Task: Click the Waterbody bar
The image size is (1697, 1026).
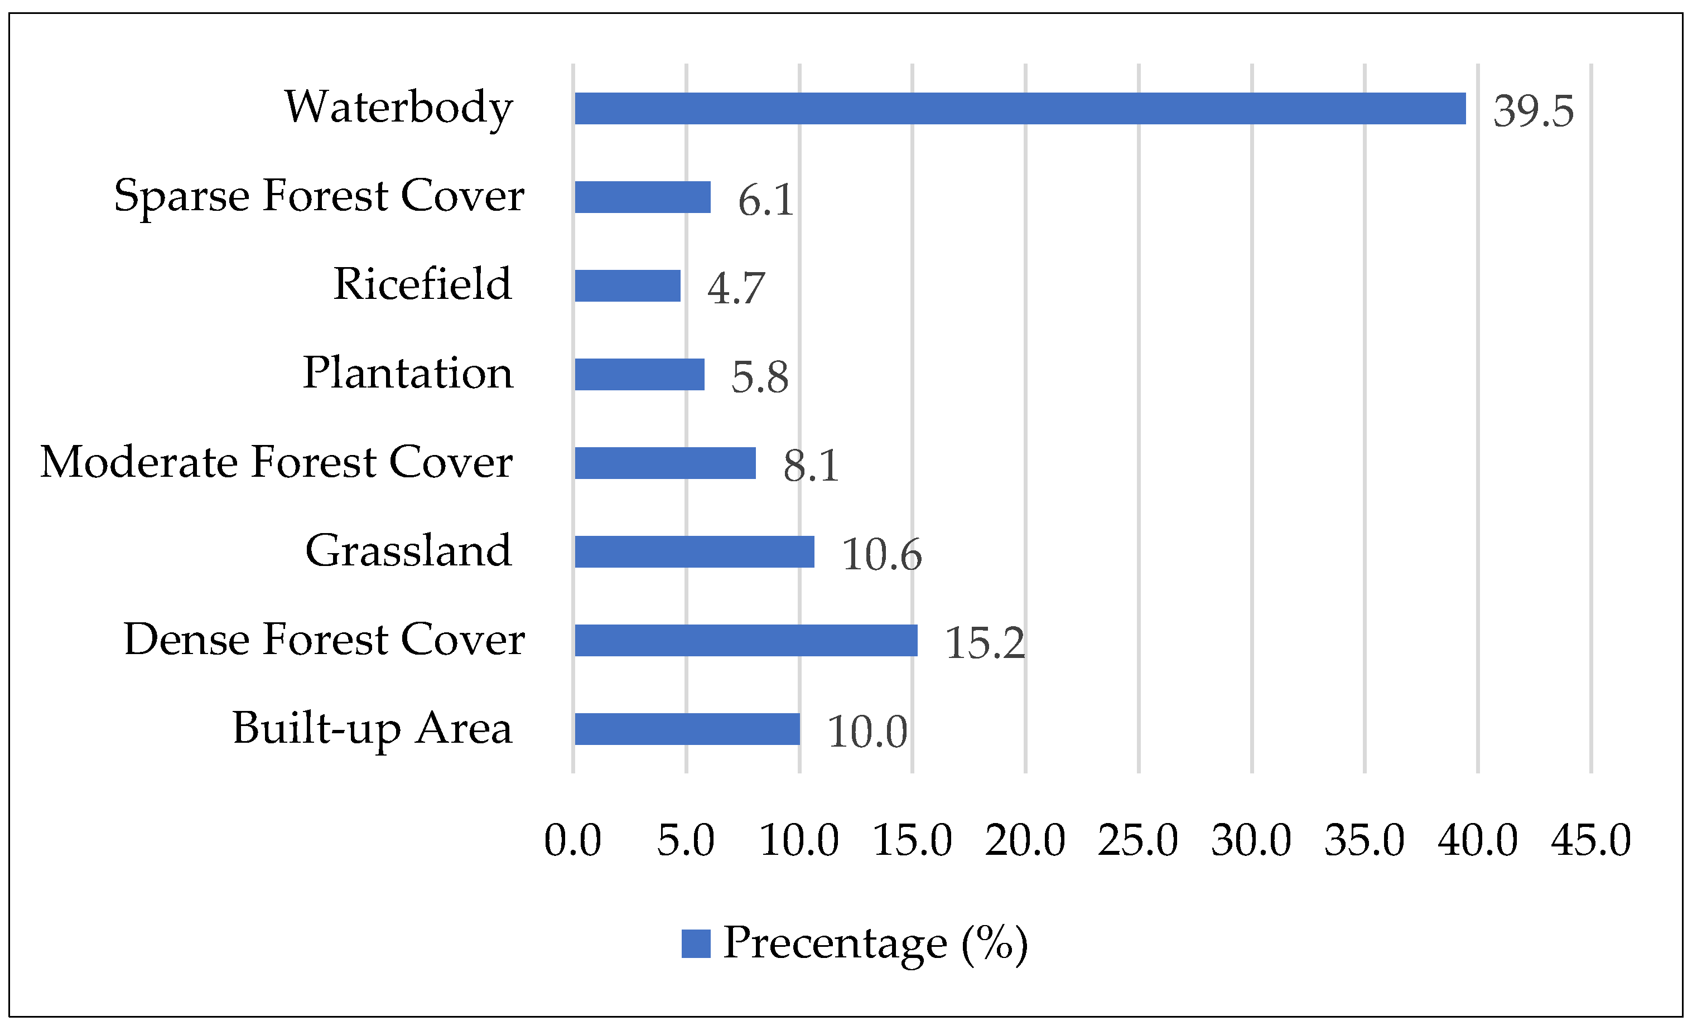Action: coord(1019,109)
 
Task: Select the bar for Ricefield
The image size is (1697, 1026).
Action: coord(628,285)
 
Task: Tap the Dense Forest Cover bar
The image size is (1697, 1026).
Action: coord(746,640)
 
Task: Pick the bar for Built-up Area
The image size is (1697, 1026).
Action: coord(687,729)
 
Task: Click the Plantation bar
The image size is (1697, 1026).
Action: coord(639,375)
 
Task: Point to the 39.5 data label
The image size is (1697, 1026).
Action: coord(1533,111)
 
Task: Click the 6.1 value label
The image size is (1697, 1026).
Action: coord(766,200)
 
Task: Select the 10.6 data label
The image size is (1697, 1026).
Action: coord(881,554)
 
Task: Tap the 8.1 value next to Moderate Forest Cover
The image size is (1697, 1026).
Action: coord(811,466)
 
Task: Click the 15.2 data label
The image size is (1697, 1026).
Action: coord(985,643)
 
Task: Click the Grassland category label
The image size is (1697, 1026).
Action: coord(408,551)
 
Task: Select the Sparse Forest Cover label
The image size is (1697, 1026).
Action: coord(319,196)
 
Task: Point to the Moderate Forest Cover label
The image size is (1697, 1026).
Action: coord(276,462)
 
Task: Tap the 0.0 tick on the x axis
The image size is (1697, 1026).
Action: coord(572,841)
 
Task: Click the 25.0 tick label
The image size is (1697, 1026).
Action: coord(1138,841)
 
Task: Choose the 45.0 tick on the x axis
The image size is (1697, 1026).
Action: coord(1591,841)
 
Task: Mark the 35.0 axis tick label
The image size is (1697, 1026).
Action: coord(1365,841)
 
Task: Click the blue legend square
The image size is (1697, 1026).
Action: coord(696,943)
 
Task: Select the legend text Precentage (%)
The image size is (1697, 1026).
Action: coord(875,943)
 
